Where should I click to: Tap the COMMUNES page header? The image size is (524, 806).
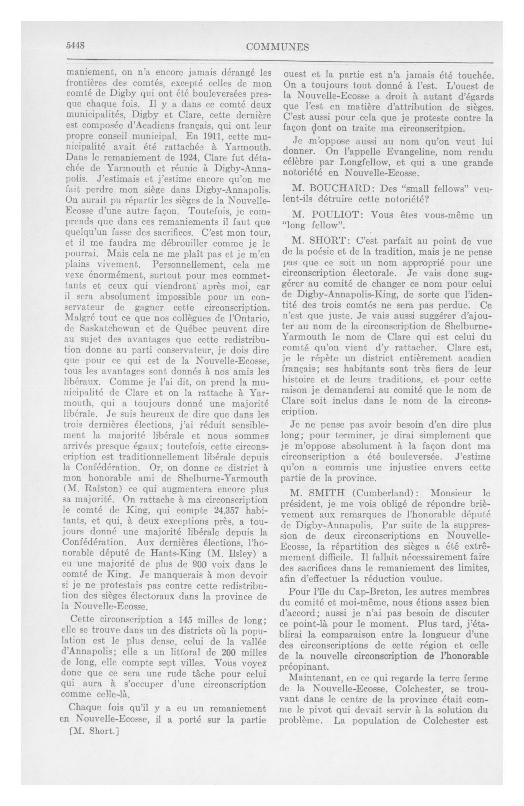click(x=278, y=47)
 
